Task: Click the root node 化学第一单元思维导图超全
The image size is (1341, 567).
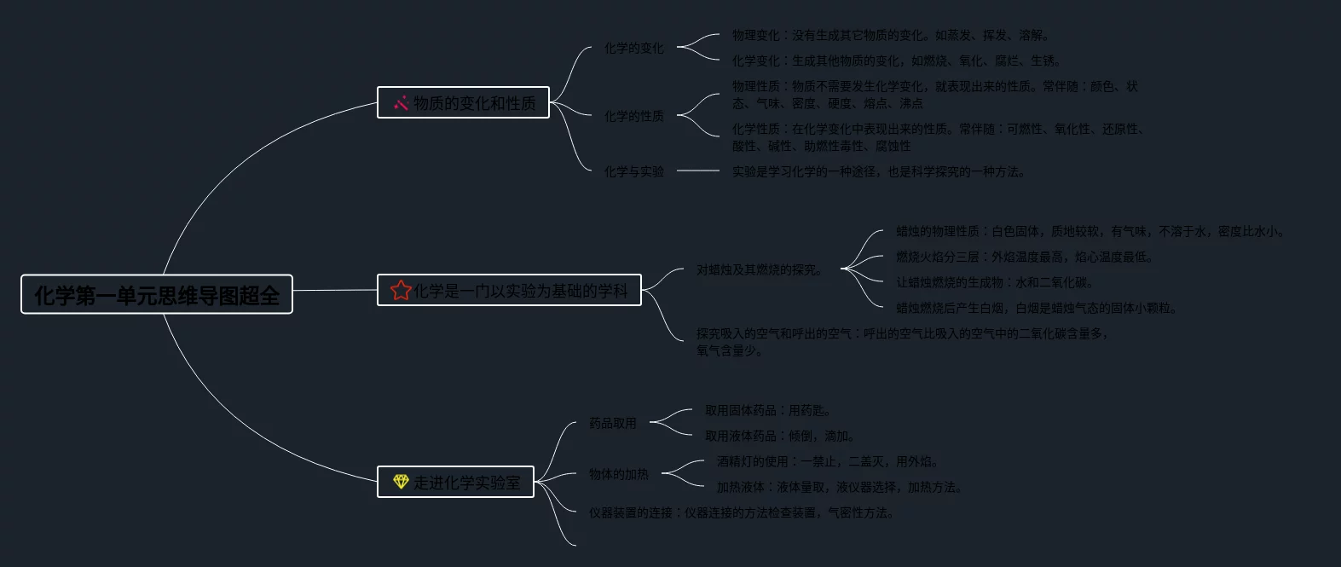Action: click(157, 295)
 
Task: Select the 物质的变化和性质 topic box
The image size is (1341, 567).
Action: click(463, 103)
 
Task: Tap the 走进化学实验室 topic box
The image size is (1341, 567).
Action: click(455, 483)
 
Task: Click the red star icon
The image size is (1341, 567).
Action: click(401, 291)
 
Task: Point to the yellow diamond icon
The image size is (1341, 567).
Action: click(401, 482)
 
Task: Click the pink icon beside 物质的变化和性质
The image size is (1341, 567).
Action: click(401, 103)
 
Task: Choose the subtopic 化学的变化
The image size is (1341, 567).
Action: click(633, 49)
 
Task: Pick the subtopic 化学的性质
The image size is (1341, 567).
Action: click(633, 116)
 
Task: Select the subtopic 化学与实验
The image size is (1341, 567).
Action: click(633, 171)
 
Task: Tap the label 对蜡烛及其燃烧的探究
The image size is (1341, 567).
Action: click(760, 270)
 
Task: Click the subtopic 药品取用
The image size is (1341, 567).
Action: click(612, 423)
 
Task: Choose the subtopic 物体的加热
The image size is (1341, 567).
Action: click(618, 474)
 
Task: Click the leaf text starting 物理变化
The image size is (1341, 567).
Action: click(892, 36)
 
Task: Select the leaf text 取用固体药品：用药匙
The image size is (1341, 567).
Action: click(768, 411)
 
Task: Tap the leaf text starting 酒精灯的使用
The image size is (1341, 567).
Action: click(828, 462)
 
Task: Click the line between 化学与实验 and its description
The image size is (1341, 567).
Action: click(698, 171)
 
